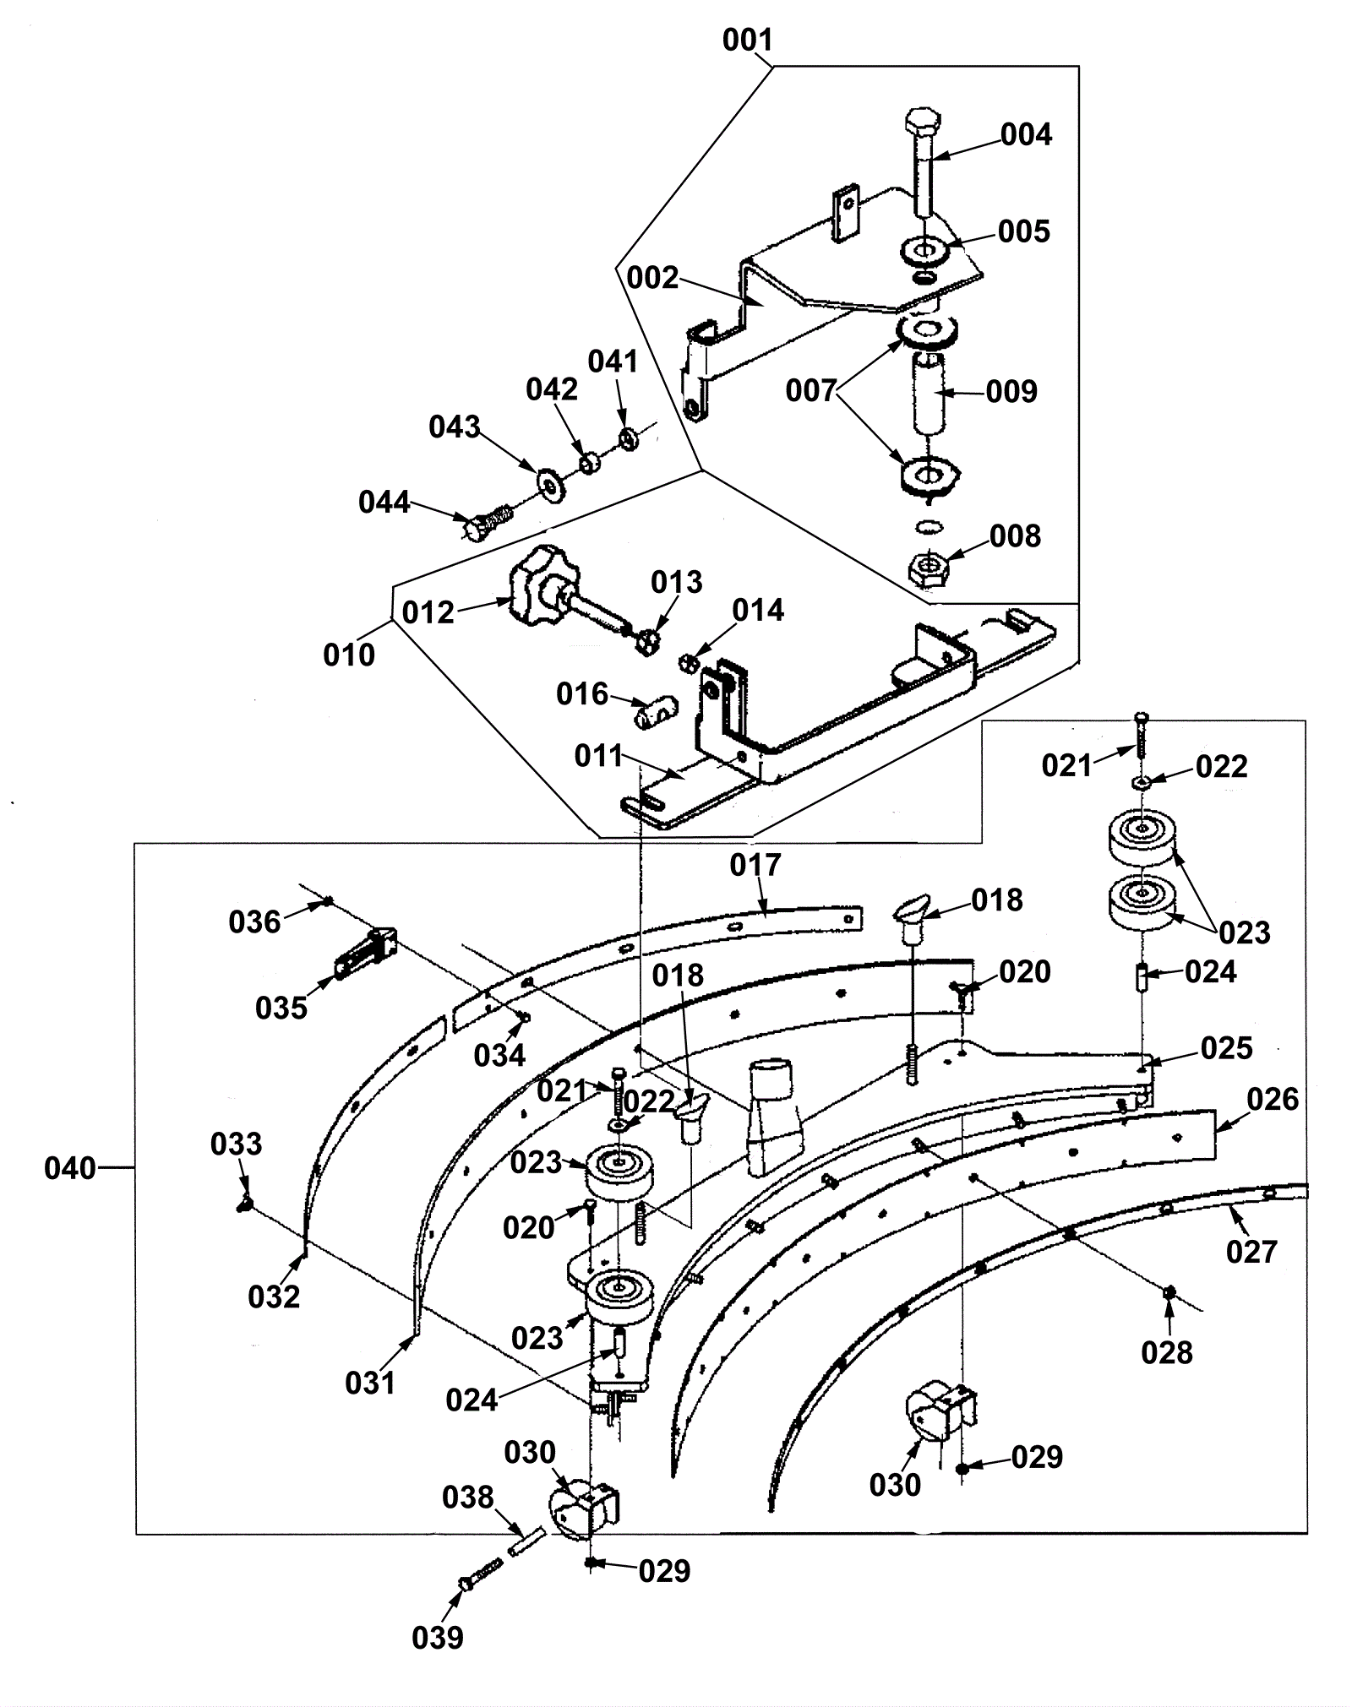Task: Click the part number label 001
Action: click(748, 40)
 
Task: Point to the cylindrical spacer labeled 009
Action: click(927, 394)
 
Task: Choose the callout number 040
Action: click(70, 1169)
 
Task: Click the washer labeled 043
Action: click(552, 485)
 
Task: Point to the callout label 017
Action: click(756, 865)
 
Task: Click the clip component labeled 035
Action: click(365, 953)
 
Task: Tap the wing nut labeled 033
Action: click(245, 1203)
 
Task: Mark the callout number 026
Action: click(1273, 1099)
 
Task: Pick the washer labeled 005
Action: click(926, 252)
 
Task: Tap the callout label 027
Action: click(1251, 1252)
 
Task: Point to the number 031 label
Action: click(370, 1383)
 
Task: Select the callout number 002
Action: click(652, 277)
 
